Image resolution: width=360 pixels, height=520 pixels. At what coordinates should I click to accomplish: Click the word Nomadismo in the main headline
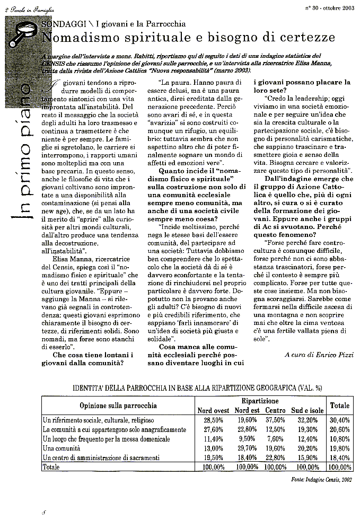pyautogui.click(x=76, y=38)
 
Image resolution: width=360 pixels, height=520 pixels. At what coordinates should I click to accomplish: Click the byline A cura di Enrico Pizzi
pyautogui.click(x=318, y=354)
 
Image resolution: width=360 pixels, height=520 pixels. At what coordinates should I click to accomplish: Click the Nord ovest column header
pyautogui.click(x=213, y=410)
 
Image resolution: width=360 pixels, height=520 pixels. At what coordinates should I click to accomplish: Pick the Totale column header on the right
pyautogui.click(x=340, y=406)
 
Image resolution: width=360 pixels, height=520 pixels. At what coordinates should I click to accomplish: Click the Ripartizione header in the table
pyautogui.click(x=260, y=401)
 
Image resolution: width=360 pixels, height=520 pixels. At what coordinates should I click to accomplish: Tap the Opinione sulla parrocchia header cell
pyautogui.click(x=118, y=406)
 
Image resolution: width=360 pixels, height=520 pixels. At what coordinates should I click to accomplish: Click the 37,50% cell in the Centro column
pyautogui.click(x=275, y=420)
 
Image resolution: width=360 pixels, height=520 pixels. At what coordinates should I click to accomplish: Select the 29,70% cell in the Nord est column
pyautogui.click(x=247, y=448)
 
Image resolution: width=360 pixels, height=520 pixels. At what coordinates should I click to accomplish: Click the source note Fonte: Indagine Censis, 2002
pyautogui.click(x=329, y=479)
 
